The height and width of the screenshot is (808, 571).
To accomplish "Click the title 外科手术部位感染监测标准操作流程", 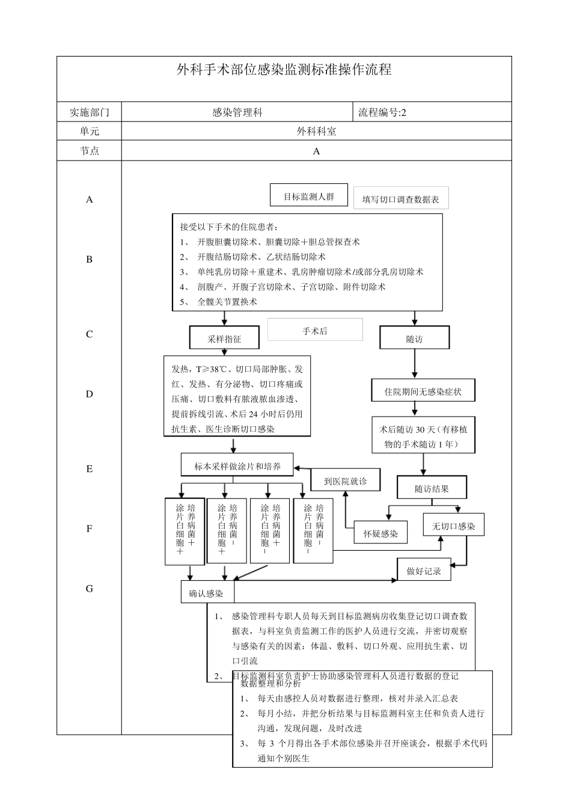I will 284,70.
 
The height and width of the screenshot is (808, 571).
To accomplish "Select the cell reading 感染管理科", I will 237,112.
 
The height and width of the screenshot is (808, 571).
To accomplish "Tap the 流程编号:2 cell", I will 382,112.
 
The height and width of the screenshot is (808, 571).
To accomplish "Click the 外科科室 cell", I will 316,131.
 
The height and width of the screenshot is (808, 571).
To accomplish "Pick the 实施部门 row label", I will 90,112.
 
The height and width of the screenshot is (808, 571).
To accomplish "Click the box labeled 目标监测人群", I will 309,197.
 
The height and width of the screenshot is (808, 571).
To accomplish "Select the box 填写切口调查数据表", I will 400,199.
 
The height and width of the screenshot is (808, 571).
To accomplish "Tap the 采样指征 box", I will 224,338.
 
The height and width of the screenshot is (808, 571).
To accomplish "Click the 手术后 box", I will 315,331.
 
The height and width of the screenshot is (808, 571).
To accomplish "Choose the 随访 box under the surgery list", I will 414,338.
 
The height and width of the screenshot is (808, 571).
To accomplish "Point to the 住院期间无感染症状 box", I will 423,392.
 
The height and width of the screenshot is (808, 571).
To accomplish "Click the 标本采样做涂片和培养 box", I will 237,466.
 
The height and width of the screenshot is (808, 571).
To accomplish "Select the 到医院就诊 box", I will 345,481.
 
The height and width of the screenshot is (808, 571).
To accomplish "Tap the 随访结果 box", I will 432,489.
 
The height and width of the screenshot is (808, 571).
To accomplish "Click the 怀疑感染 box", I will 380,533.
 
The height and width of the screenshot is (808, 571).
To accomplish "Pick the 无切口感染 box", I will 454,526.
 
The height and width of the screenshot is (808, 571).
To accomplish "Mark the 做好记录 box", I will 424,571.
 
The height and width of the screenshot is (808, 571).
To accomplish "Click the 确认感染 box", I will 206,593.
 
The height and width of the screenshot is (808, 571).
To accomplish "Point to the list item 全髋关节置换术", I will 227,302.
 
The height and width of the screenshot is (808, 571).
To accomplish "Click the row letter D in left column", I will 90,394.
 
